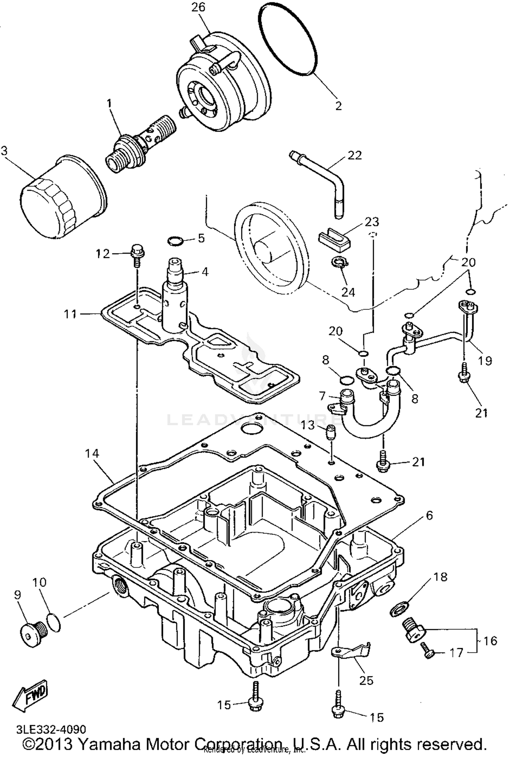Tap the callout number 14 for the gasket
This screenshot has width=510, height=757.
[92, 454]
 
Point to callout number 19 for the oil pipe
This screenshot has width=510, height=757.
[485, 361]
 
